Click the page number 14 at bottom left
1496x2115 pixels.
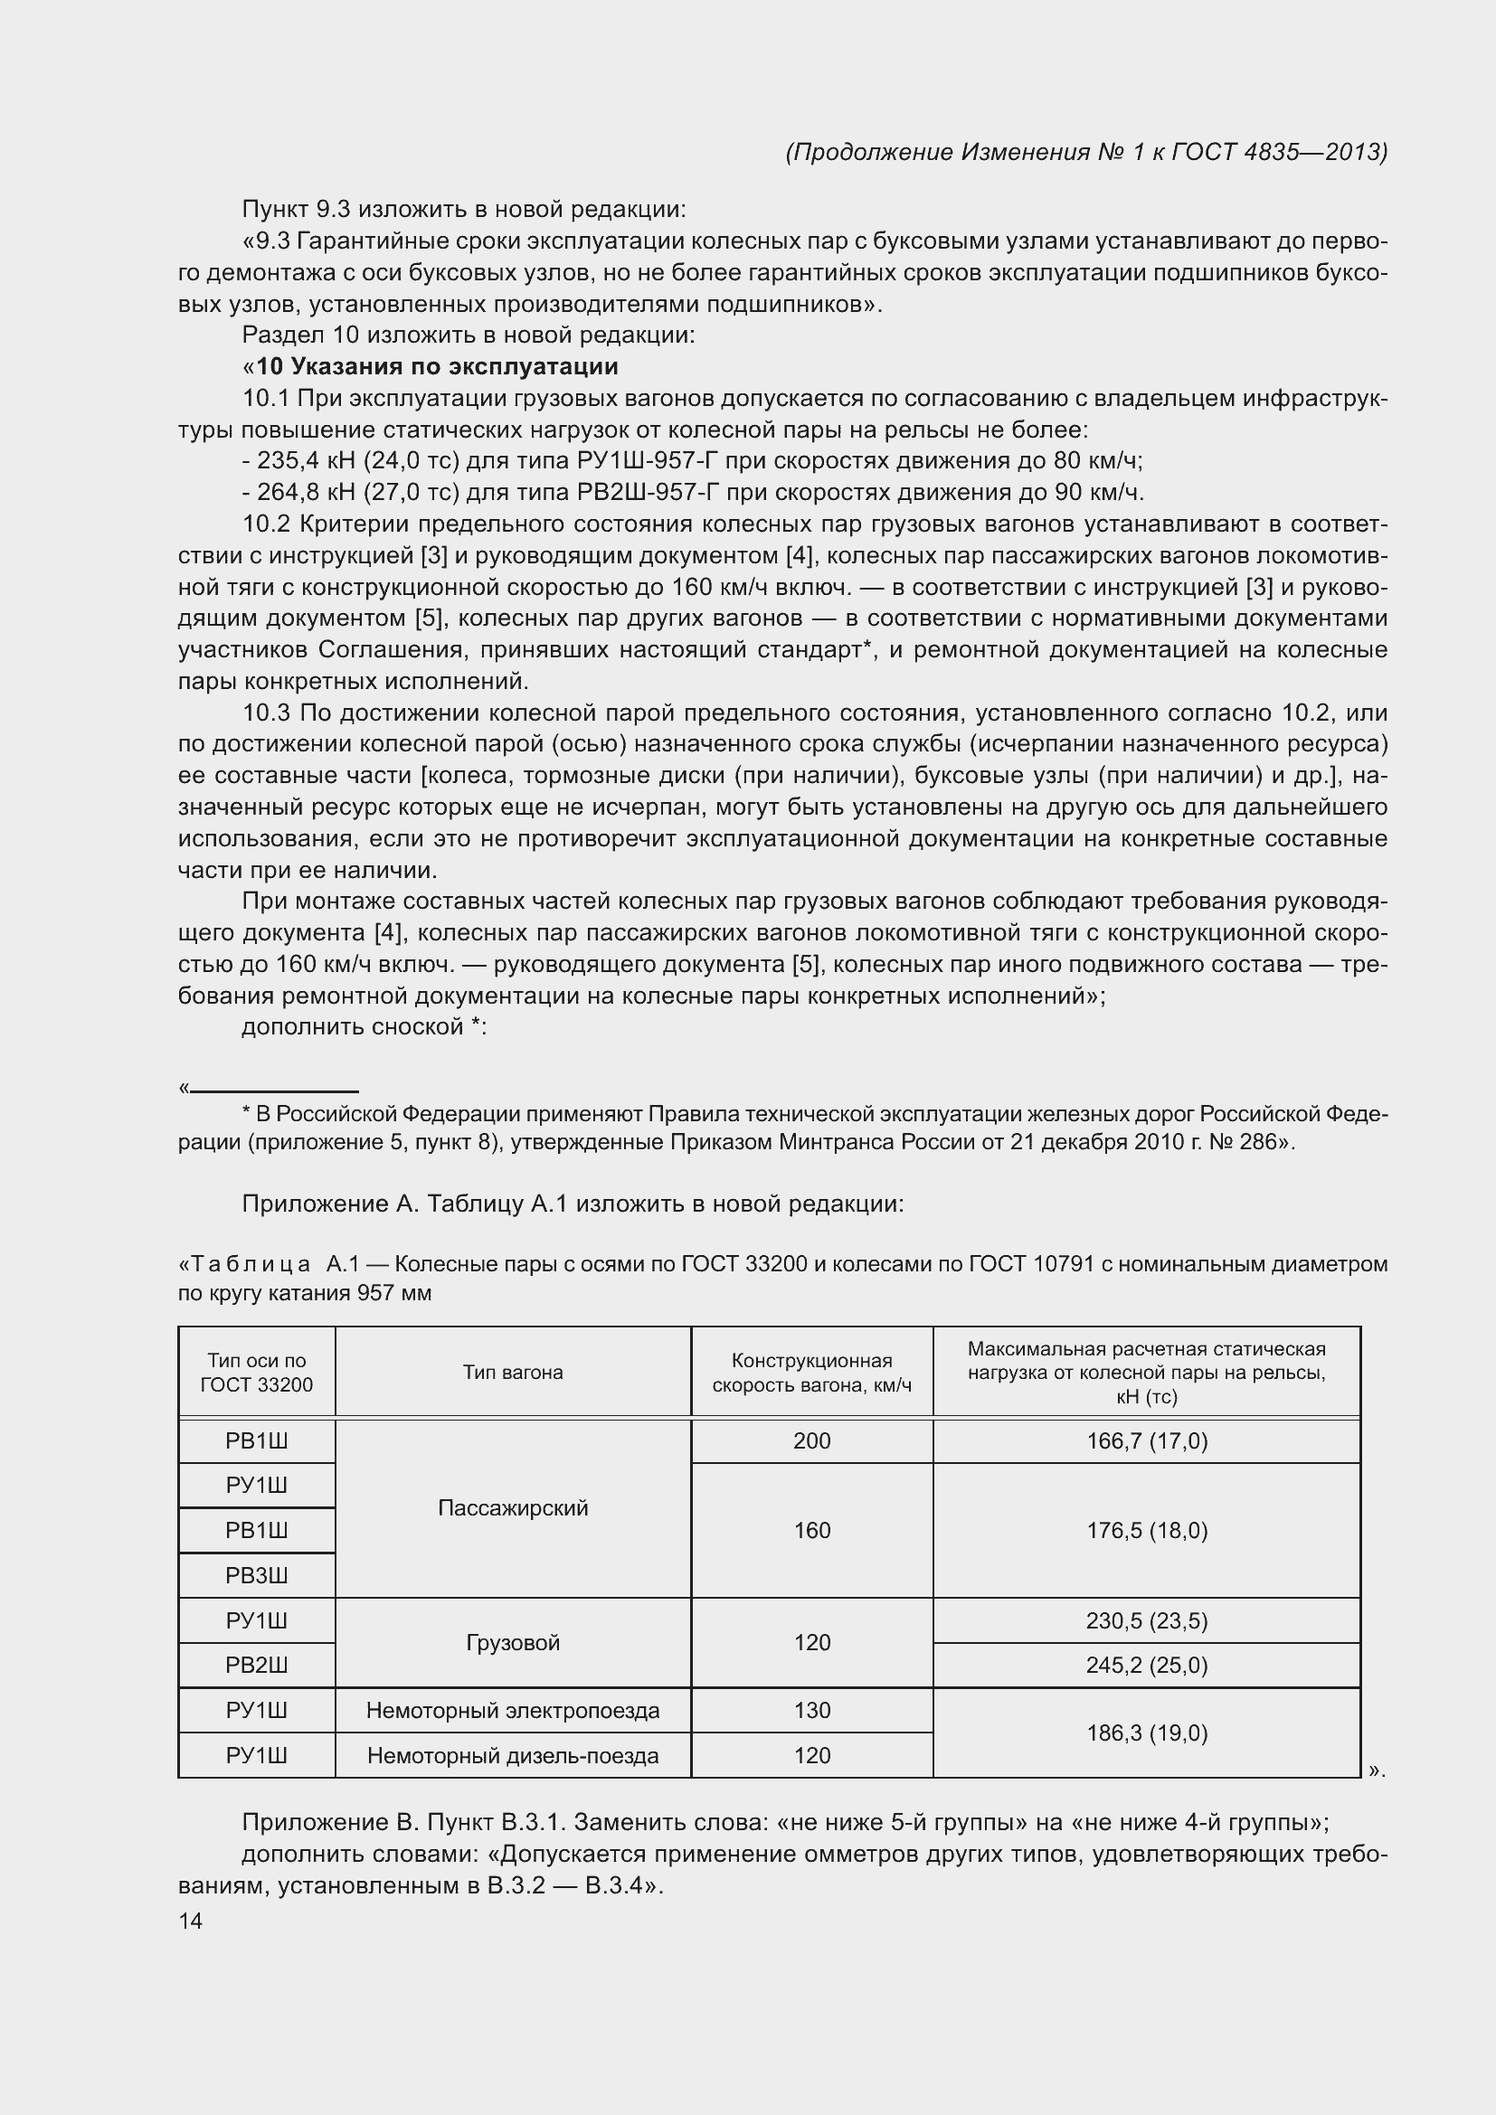click(x=191, y=1921)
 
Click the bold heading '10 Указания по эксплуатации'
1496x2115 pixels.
click(x=437, y=366)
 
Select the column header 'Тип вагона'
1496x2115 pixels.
click(x=512, y=1372)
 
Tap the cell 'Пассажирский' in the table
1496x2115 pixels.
click(x=512, y=1508)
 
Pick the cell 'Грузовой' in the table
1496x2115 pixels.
click(x=512, y=1642)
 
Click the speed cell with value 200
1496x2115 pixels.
click(x=811, y=1440)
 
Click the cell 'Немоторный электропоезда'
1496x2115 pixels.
click(x=512, y=1711)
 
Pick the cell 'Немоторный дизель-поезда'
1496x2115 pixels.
click(x=512, y=1756)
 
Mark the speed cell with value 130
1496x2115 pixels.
click(x=811, y=1711)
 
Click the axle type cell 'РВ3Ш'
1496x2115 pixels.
click(x=256, y=1575)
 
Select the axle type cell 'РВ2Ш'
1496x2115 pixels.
click(x=256, y=1666)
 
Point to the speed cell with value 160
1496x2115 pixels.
click(x=811, y=1530)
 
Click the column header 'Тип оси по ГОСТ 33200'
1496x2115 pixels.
click(x=256, y=1372)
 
